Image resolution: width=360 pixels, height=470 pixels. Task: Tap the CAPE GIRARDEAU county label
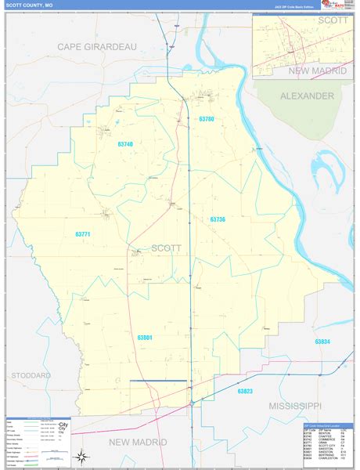click(x=96, y=47)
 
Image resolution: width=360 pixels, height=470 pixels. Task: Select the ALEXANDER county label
click(x=308, y=96)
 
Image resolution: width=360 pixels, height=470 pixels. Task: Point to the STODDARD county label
click(x=31, y=375)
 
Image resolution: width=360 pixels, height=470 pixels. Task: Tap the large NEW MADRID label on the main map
click(x=139, y=443)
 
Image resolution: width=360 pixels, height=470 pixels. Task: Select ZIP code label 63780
click(x=206, y=119)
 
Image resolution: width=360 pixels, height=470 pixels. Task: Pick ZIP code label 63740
click(x=125, y=144)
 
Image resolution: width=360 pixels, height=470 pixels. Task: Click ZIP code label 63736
click(x=218, y=219)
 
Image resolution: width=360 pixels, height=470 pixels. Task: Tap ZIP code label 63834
click(x=322, y=342)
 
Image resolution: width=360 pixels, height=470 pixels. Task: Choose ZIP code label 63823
click(x=245, y=390)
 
